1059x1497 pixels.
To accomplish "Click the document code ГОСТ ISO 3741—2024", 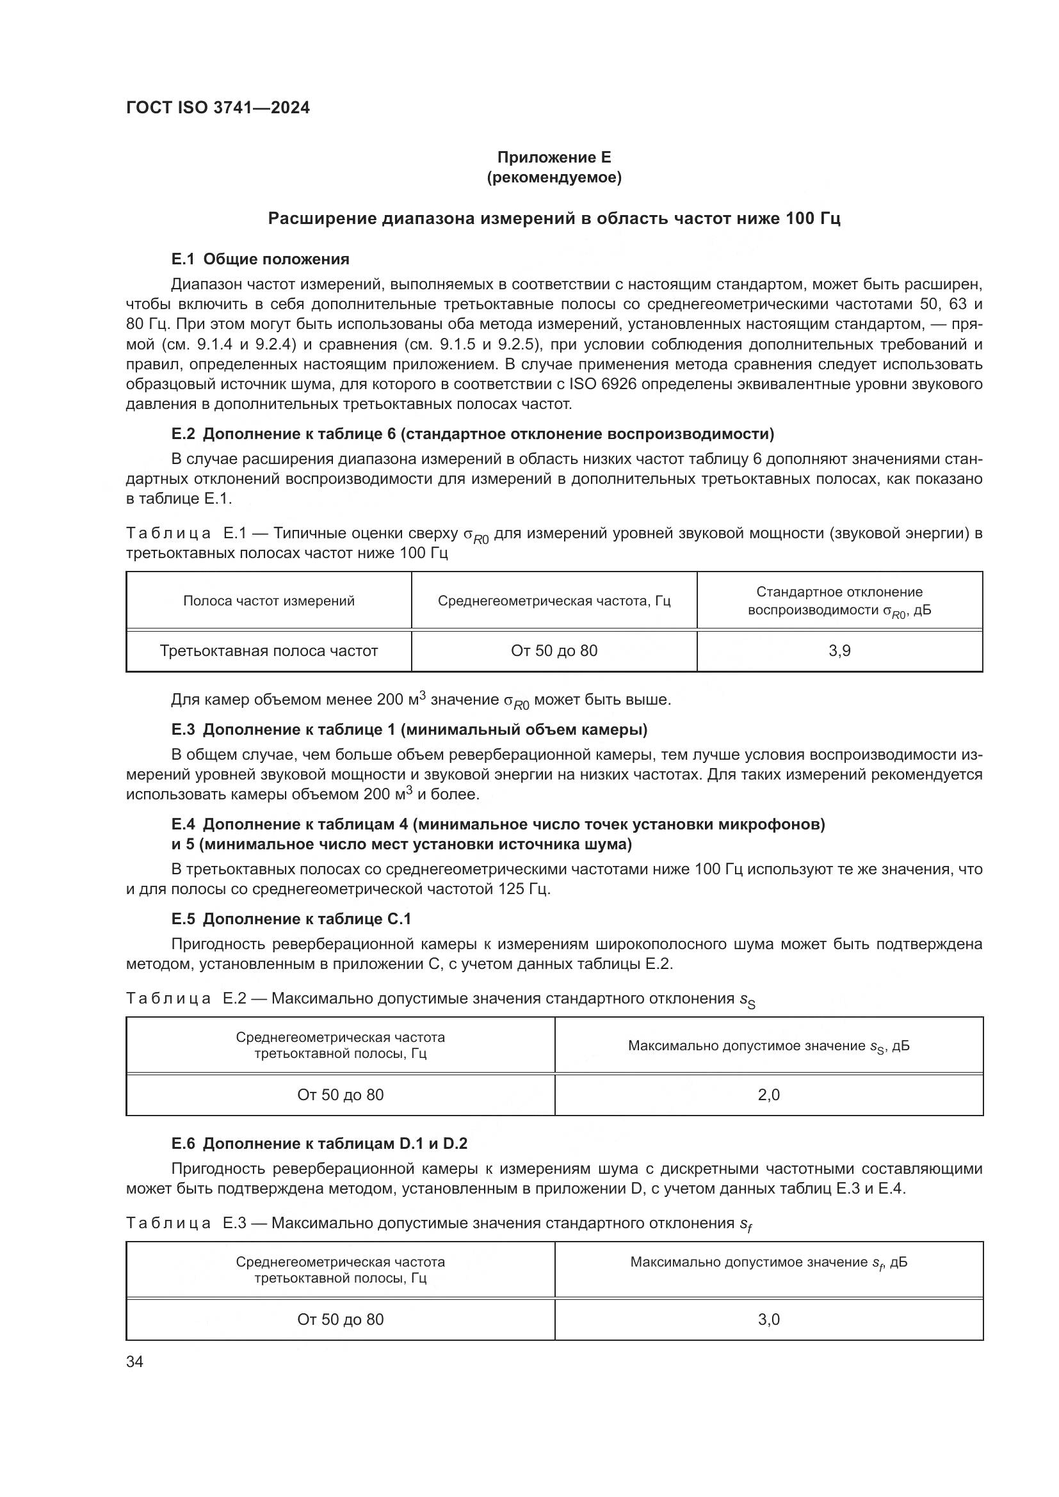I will pyautogui.click(x=218, y=108).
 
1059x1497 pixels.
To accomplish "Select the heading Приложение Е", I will pyautogui.click(x=554, y=157).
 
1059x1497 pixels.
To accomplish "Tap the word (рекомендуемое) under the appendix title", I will pyautogui.click(x=554, y=177).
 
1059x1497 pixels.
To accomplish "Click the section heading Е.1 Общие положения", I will pyautogui.click(x=260, y=259).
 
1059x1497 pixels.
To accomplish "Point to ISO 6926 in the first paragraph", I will pyautogui.click(x=597, y=384).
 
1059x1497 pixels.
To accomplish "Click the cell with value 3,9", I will pyautogui.click(x=839, y=651).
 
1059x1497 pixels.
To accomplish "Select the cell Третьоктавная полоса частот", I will pyautogui.click(x=269, y=651).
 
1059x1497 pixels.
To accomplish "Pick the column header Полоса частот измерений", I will pyautogui.click(x=269, y=601).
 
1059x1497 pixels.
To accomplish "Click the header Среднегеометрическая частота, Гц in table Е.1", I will pyautogui.click(x=554, y=601).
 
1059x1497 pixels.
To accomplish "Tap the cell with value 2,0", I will pyautogui.click(x=768, y=1094).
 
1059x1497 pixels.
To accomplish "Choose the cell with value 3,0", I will pyautogui.click(x=768, y=1320).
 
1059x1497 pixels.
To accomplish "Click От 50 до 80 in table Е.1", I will pyautogui.click(x=554, y=651).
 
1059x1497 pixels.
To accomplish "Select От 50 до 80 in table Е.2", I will pyautogui.click(x=341, y=1094).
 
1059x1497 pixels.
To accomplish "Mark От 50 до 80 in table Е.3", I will pyautogui.click(x=341, y=1320).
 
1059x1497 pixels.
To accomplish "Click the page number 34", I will pyautogui.click(x=134, y=1362).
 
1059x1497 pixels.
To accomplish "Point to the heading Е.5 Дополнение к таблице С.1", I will pyautogui.click(x=291, y=919).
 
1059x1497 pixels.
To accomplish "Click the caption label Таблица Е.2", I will pyautogui.click(x=186, y=999).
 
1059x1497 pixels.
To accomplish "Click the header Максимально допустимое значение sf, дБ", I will pyautogui.click(x=768, y=1262).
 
